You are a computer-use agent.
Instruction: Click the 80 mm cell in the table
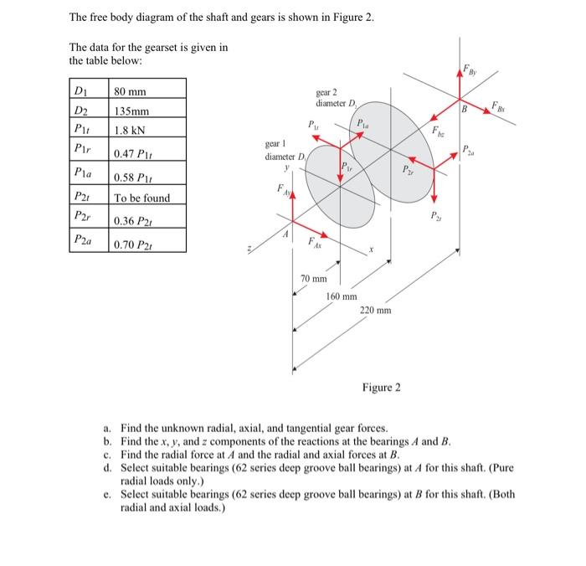point(131,90)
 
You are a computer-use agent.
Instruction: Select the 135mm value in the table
point(132,111)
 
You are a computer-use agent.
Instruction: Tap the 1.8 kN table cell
point(132,131)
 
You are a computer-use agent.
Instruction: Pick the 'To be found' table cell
point(141,198)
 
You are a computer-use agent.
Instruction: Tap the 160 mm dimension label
point(342,296)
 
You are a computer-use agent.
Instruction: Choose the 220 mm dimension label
point(375,311)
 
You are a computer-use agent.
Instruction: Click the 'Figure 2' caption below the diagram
point(381,388)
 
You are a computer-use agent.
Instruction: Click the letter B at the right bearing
point(462,106)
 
